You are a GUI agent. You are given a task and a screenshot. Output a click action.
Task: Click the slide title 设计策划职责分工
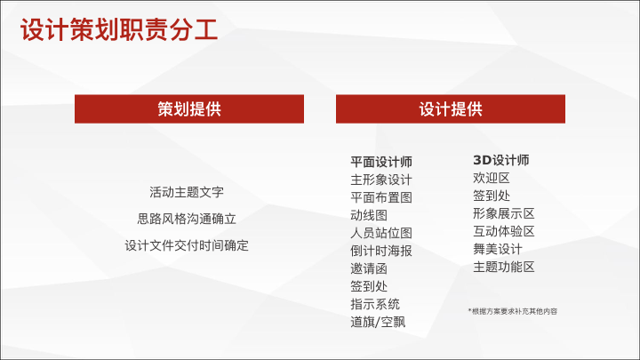click(119, 30)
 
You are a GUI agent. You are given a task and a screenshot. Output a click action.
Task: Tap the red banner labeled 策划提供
click(189, 109)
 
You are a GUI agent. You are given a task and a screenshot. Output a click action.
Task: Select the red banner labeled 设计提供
click(451, 109)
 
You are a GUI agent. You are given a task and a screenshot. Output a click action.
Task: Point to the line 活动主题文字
click(187, 192)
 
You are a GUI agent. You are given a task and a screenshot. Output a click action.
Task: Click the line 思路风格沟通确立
click(187, 219)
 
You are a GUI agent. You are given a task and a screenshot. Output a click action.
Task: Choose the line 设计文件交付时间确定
click(187, 245)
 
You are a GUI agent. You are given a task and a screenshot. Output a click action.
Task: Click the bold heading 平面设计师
click(381, 162)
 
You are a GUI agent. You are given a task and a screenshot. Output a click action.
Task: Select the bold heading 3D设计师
click(501, 160)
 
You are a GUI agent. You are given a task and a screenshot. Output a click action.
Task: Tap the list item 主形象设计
click(381, 180)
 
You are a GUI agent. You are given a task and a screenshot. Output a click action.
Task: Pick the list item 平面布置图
click(381, 197)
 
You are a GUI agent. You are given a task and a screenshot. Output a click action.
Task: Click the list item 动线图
click(369, 215)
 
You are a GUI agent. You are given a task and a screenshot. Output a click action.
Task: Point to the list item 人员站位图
click(381, 233)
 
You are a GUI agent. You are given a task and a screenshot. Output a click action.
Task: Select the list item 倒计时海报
click(381, 251)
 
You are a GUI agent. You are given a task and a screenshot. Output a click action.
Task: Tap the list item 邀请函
click(369, 268)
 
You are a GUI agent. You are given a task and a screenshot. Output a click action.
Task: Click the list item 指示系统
click(375, 304)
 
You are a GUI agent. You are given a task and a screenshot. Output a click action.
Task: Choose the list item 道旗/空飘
click(378, 322)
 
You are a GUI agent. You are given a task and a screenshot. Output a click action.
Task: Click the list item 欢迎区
click(492, 178)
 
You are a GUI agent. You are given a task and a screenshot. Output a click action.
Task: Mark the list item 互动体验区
click(504, 231)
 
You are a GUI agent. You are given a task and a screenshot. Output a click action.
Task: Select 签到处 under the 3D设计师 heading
click(492, 196)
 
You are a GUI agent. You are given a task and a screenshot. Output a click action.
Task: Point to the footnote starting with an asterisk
click(513, 311)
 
